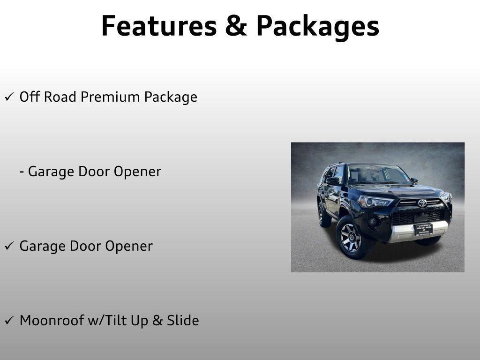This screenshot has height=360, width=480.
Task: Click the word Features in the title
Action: [158, 26]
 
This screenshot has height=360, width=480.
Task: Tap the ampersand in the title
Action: [236, 26]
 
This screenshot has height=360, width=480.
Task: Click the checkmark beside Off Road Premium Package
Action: [9, 97]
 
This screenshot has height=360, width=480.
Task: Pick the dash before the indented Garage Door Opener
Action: [22, 172]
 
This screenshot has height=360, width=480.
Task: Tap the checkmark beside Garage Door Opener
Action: [9, 247]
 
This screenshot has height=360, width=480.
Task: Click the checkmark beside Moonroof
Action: [9, 321]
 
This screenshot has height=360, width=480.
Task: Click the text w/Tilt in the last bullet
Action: [108, 321]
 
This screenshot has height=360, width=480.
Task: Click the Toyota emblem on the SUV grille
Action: [422, 203]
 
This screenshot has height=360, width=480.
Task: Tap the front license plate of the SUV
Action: [423, 230]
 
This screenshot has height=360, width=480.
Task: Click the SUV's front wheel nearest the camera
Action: [351, 238]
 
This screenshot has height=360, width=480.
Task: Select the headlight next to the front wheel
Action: [375, 201]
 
